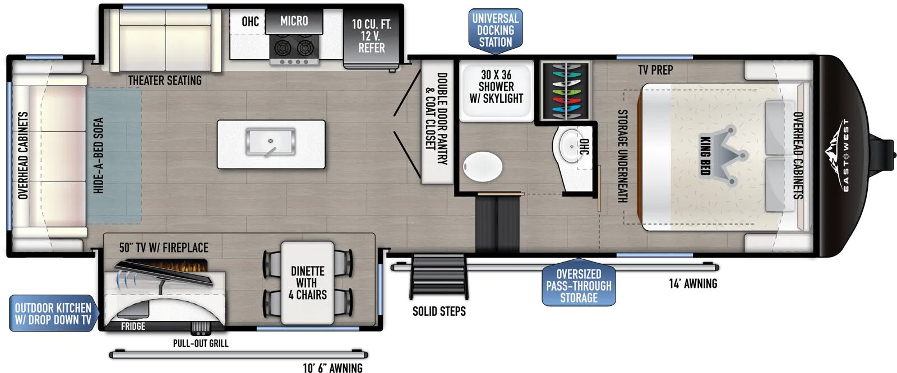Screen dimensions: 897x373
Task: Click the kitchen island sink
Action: click(271, 141)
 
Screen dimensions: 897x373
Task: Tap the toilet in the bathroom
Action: click(483, 166)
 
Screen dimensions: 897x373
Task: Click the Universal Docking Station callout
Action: click(496, 31)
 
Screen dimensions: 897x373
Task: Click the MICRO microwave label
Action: click(294, 21)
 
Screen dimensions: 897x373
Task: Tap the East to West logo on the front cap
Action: click(840, 156)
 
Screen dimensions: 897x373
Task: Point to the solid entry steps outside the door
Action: click(438, 276)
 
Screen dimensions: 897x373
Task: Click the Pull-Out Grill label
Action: click(201, 343)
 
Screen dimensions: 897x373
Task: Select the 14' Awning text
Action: click(693, 284)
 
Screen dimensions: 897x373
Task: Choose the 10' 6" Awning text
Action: click(332, 367)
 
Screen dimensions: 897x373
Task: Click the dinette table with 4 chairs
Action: click(308, 283)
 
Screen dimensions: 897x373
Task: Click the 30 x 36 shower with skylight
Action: click(496, 90)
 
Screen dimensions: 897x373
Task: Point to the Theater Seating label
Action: click(165, 81)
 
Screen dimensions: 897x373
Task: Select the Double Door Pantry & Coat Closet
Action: click(437, 122)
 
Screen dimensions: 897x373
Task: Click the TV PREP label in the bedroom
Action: click(655, 70)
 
